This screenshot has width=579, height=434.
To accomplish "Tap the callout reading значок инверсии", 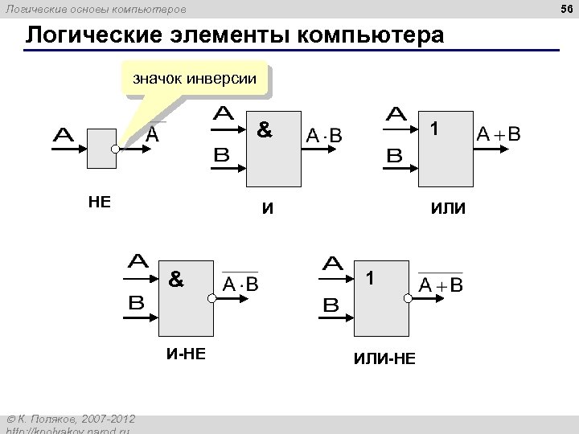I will point(195,79).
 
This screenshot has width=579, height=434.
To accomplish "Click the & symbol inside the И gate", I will point(263,129).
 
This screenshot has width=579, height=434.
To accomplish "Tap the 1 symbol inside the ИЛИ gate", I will point(434,129).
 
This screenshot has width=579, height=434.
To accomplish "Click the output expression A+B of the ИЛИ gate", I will point(499,134).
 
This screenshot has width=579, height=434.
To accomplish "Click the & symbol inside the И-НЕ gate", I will point(175,280).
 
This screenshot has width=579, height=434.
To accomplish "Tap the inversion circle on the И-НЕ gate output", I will point(212,298).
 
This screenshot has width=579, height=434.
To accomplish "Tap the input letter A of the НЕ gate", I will point(64,135).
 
